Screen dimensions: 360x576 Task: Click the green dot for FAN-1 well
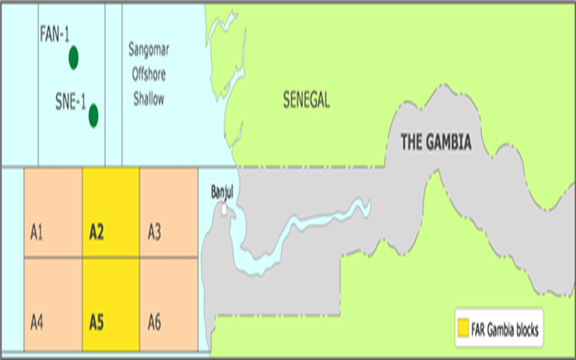tap(73, 58)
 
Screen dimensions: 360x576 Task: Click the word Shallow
tap(148, 99)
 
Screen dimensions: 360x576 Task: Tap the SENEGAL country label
tap(306, 102)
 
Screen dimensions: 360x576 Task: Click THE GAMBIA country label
tap(436, 143)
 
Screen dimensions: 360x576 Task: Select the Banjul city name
tap(223, 192)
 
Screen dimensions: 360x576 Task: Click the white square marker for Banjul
tap(225, 209)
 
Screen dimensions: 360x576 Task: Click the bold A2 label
tap(97, 233)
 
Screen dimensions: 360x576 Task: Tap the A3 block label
tap(154, 233)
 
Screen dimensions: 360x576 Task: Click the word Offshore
tap(148, 75)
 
